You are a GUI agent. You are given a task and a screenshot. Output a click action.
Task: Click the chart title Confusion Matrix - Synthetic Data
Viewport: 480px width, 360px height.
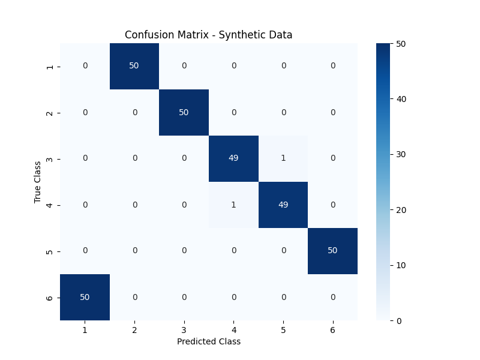[x=208, y=35]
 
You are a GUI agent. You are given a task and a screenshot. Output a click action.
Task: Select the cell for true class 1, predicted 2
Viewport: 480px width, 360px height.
[x=134, y=66]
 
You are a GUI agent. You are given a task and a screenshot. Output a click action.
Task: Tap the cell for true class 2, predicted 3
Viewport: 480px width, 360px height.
[x=184, y=112]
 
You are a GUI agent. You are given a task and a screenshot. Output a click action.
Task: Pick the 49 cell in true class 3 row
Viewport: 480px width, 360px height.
[x=233, y=158]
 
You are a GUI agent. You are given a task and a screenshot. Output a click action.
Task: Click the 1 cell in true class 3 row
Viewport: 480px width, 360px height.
[x=283, y=158]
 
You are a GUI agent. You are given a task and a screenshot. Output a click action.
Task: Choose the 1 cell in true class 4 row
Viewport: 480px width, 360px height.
[x=233, y=205]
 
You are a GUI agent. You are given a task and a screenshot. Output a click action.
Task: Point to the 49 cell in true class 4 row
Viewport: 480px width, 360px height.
[x=283, y=205]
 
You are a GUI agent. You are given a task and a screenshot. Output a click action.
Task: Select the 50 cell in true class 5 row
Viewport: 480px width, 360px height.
[x=332, y=251]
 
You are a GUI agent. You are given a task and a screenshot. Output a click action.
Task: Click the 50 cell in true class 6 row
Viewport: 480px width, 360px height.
[x=85, y=297]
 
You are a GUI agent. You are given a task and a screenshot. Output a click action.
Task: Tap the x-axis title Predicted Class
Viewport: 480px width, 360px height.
[x=208, y=341]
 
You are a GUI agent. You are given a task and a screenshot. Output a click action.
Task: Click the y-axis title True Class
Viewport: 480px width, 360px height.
[x=38, y=181]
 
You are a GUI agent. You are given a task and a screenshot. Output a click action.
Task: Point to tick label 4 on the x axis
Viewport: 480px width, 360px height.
[x=233, y=330]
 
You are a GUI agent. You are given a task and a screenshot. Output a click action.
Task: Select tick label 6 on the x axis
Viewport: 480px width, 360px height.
[x=332, y=330]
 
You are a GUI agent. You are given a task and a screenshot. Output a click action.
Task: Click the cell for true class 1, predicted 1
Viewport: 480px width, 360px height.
[x=85, y=66]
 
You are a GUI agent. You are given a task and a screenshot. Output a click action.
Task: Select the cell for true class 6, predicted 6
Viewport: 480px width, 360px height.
[x=332, y=297]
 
